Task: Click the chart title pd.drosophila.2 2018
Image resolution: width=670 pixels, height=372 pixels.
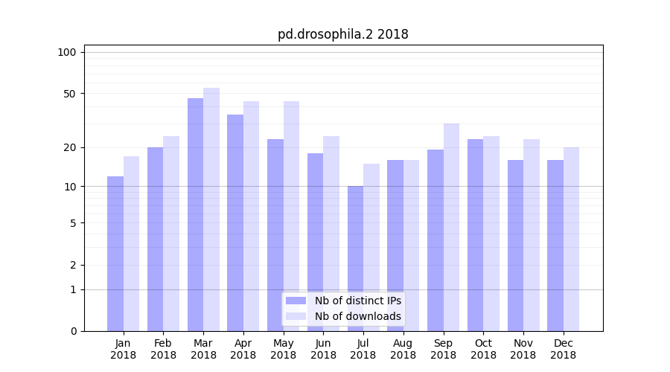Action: pyautogui.click(x=342, y=34)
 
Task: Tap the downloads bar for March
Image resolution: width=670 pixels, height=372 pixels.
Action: pyautogui.click(x=211, y=209)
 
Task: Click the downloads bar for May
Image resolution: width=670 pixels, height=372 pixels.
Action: pyautogui.click(x=291, y=216)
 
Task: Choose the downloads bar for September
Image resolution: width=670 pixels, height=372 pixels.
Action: pyautogui.click(x=451, y=227)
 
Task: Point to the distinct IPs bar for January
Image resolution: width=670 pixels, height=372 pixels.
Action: pyautogui.click(x=115, y=254)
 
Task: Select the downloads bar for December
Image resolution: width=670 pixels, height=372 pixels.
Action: pyautogui.click(x=571, y=239)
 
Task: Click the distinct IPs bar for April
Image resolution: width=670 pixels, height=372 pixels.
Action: pyautogui.click(x=235, y=222)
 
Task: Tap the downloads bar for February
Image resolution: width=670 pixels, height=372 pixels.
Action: pyautogui.click(x=171, y=234)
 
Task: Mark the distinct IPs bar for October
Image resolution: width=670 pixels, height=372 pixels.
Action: pyautogui.click(x=475, y=235)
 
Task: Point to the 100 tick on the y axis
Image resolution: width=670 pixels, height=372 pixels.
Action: pyautogui.click(x=67, y=52)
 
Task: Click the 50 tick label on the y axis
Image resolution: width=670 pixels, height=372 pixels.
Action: pyautogui.click(x=69, y=94)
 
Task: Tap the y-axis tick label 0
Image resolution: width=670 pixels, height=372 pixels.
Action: pyautogui.click(x=73, y=331)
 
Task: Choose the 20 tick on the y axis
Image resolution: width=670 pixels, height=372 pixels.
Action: pyautogui.click(x=69, y=147)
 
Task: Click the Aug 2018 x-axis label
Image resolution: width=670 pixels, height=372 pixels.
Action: pyautogui.click(x=403, y=349)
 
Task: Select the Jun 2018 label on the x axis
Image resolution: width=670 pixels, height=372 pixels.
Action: pyautogui.click(x=323, y=349)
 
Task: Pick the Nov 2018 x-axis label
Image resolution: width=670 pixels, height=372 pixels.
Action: pyautogui.click(x=523, y=349)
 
